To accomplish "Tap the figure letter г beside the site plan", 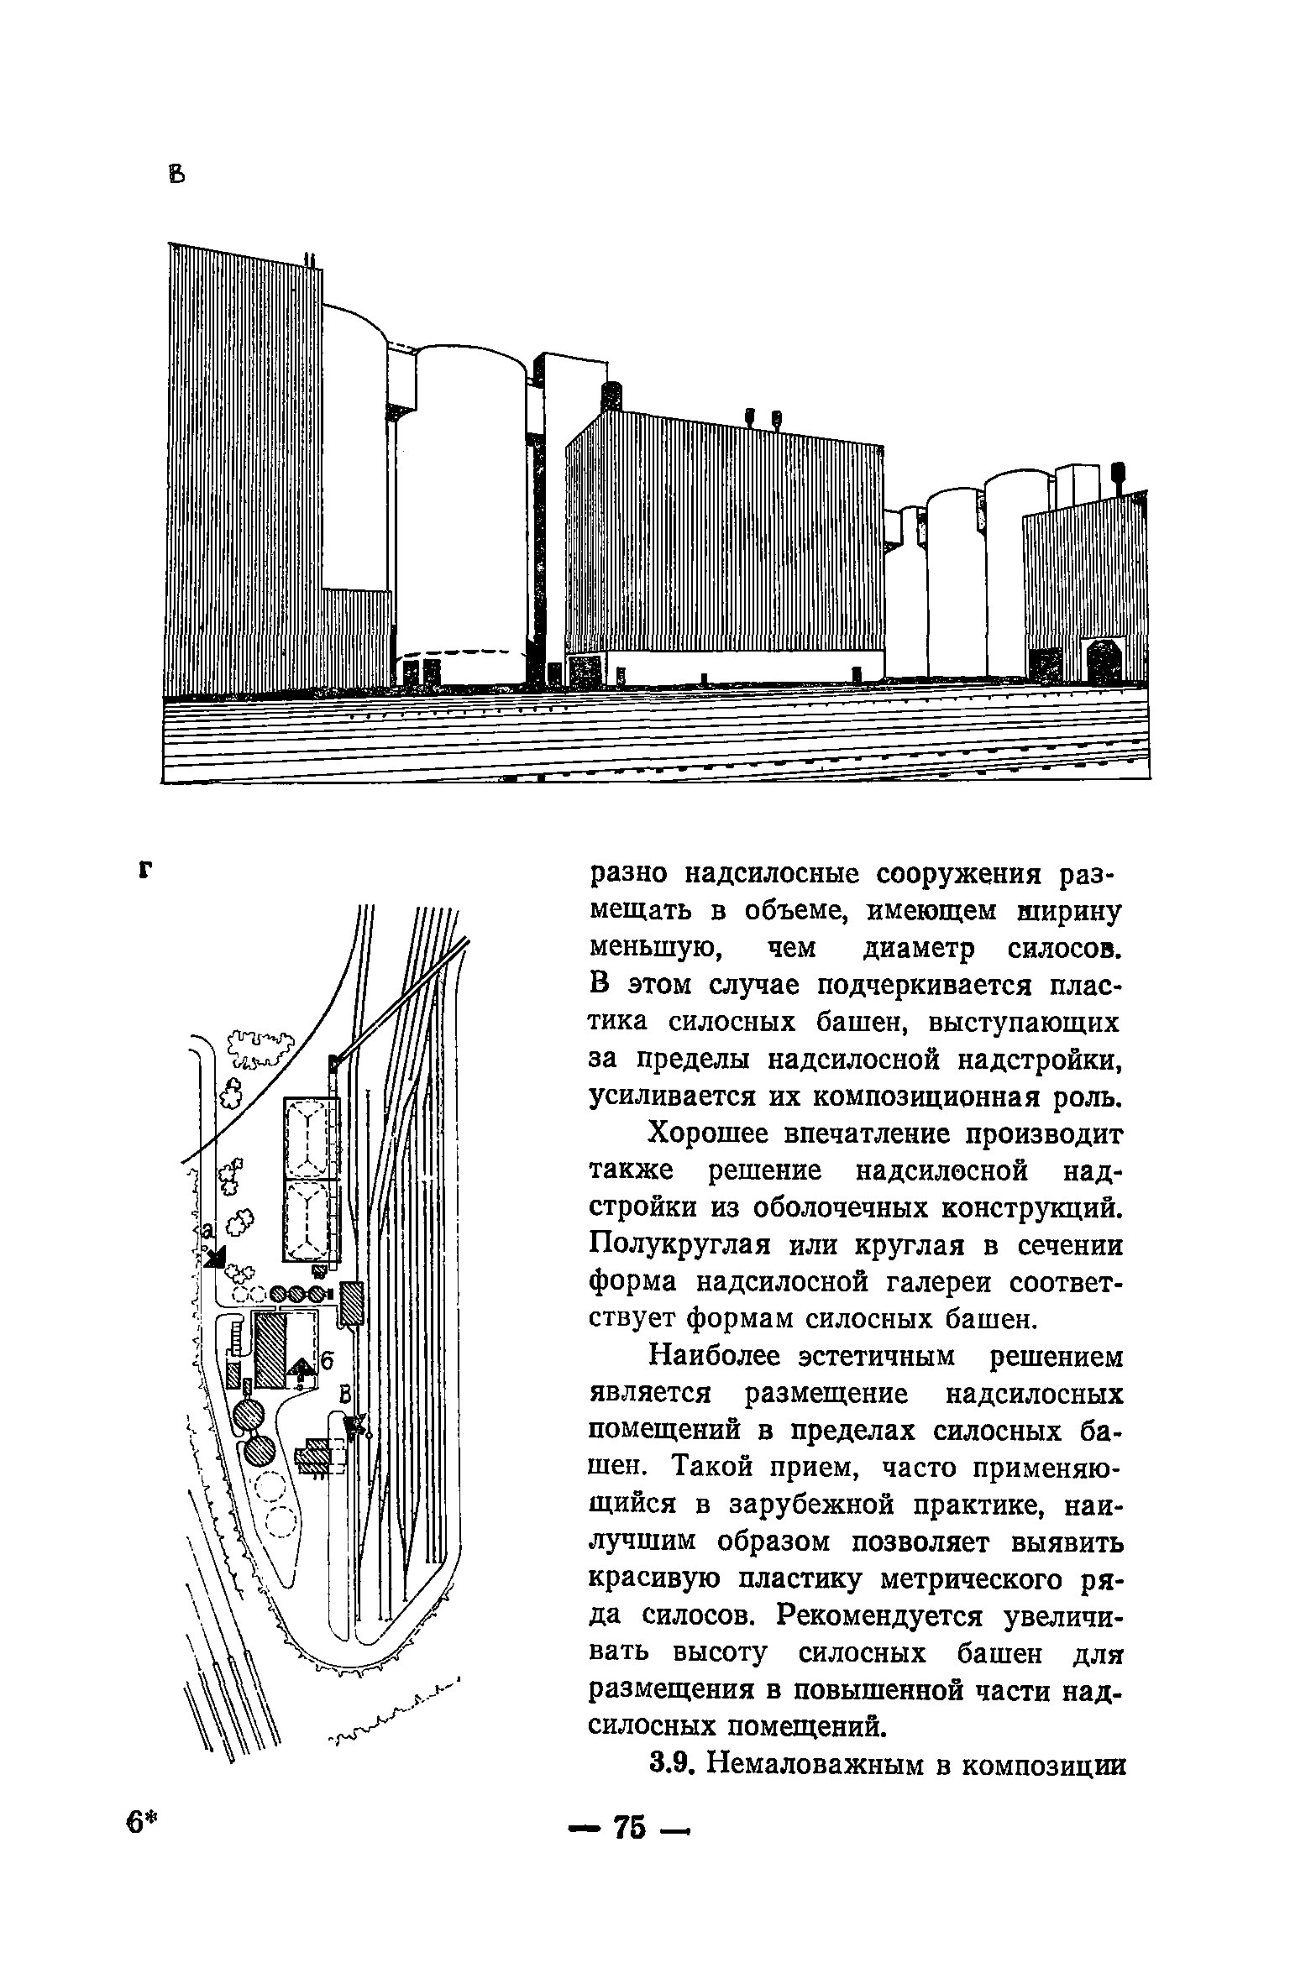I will click(148, 870).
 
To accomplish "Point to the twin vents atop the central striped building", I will click(763, 417).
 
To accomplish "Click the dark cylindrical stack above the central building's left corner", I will click(611, 395).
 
